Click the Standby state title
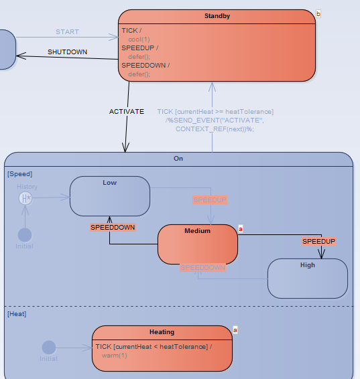coord(217,15)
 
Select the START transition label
coord(67,31)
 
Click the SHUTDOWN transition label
coord(67,52)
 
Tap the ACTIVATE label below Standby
coord(127,112)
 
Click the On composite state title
coord(178,159)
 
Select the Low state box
coord(110,196)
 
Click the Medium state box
coord(198,245)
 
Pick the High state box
coord(308,278)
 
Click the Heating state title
coord(162,332)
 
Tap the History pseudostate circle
coord(25,198)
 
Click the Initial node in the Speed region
coord(25,235)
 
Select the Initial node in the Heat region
coord(49,348)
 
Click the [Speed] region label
coord(19,174)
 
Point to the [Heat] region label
coord(17,313)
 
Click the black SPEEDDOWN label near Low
coord(113,228)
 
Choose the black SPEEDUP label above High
coord(318,241)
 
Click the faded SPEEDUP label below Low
coord(210,200)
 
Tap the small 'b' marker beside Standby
coord(318,13)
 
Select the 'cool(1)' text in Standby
coord(139,40)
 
